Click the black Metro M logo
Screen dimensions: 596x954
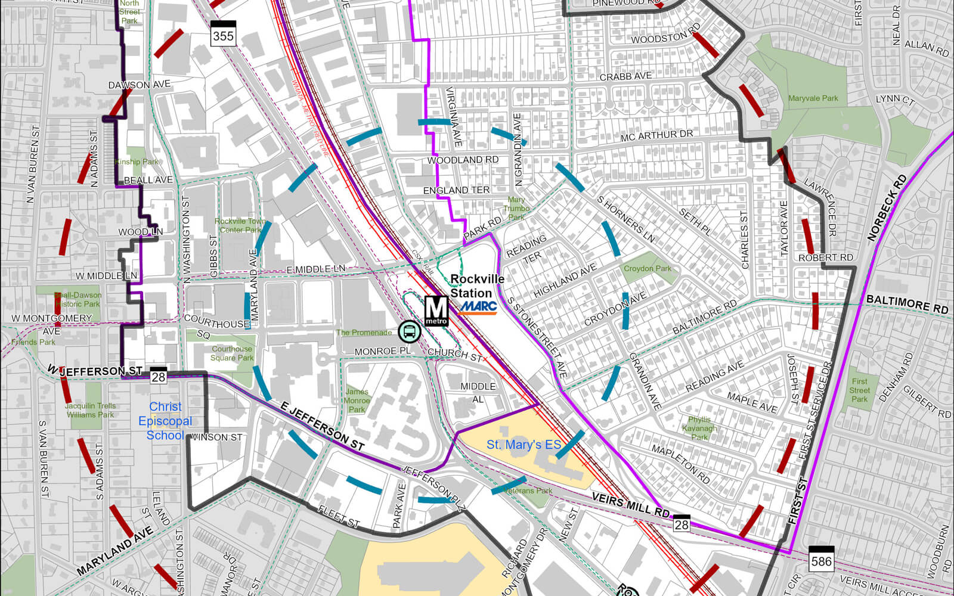436,310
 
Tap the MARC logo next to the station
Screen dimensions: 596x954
478,307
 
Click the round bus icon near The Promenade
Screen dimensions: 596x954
409,331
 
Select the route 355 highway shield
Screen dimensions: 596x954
223,34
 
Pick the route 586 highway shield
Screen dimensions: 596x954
821,559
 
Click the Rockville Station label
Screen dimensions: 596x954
477,286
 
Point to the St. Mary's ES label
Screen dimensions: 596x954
524,445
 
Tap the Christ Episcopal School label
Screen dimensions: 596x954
165,421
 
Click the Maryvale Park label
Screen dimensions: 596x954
813,98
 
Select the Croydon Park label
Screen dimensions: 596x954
648,269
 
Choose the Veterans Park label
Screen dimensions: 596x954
528,491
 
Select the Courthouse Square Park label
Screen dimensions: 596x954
232,353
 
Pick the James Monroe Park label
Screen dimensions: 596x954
357,401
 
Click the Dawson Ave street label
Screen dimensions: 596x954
139,85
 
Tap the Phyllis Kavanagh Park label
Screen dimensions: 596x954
699,429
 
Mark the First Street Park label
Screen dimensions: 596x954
859,390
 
